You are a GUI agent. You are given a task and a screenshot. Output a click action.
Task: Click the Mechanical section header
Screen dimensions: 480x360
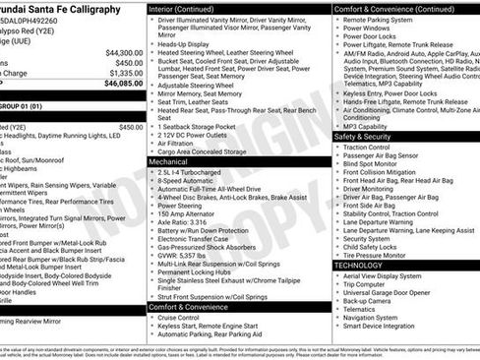170,160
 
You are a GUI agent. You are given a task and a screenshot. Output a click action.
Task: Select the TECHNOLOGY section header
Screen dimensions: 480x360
358,265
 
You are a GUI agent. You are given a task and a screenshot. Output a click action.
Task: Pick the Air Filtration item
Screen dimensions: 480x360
182,143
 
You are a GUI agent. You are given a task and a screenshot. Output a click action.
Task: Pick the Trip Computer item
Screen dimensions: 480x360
369,285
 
